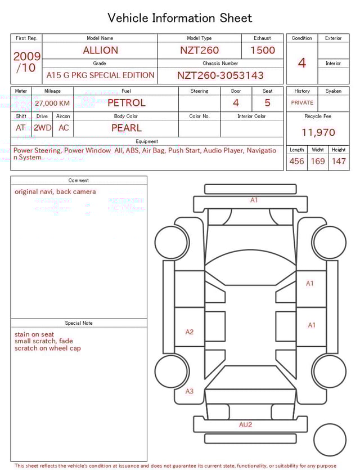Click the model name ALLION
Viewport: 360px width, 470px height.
(100, 50)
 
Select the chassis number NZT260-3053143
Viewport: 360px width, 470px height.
(220, 75)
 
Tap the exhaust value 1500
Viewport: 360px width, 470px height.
(263, 50)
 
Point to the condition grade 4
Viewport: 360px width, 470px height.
(302, 63)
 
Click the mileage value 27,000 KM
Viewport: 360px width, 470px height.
(52, 103)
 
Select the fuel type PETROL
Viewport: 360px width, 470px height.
(126, 102)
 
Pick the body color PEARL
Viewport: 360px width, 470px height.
(126, 128)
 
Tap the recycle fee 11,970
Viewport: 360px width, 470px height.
(318, 133)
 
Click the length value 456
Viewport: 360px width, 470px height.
(296, 161)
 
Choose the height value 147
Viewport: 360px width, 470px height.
(338, 161)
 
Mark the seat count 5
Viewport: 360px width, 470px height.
(267, 102)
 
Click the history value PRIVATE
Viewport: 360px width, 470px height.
(302, 103)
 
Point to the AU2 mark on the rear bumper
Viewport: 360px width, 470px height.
(245, 424)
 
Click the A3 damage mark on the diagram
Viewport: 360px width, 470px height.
(190, 391)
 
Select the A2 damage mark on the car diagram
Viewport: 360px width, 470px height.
(190, 332)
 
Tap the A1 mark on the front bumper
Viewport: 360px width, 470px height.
(254, 200)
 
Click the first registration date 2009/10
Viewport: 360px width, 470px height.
(26, 62)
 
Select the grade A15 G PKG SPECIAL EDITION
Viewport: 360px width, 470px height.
(100, 75)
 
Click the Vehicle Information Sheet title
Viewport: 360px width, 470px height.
(180, 18)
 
